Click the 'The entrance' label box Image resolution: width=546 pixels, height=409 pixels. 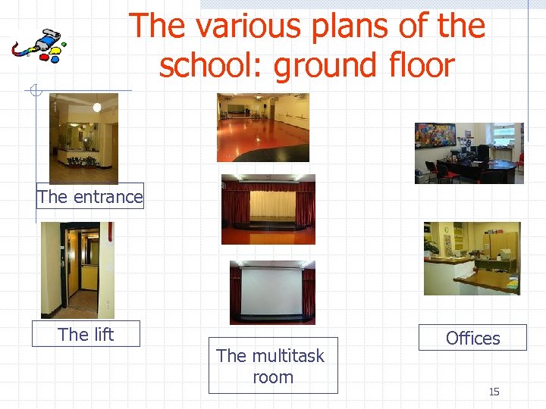(89, 197)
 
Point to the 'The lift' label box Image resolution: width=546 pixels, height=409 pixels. (86, 334)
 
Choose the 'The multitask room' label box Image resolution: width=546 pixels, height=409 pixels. (272, 366)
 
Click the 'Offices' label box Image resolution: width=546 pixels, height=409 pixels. (472, 338)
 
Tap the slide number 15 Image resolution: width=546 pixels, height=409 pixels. (494, 392)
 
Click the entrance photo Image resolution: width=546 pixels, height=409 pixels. (83, 138)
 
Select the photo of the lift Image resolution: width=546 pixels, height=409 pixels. (77, 270)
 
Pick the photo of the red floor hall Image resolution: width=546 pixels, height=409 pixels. (263, 127)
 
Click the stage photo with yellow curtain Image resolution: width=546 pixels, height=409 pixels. (268, 209)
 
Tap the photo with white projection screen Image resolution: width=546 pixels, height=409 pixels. (271, 292)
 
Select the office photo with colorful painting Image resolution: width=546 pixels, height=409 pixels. (469, 153)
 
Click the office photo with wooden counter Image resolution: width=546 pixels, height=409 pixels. (472, 258)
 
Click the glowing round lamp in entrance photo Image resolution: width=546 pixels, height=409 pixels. (97, 108)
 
